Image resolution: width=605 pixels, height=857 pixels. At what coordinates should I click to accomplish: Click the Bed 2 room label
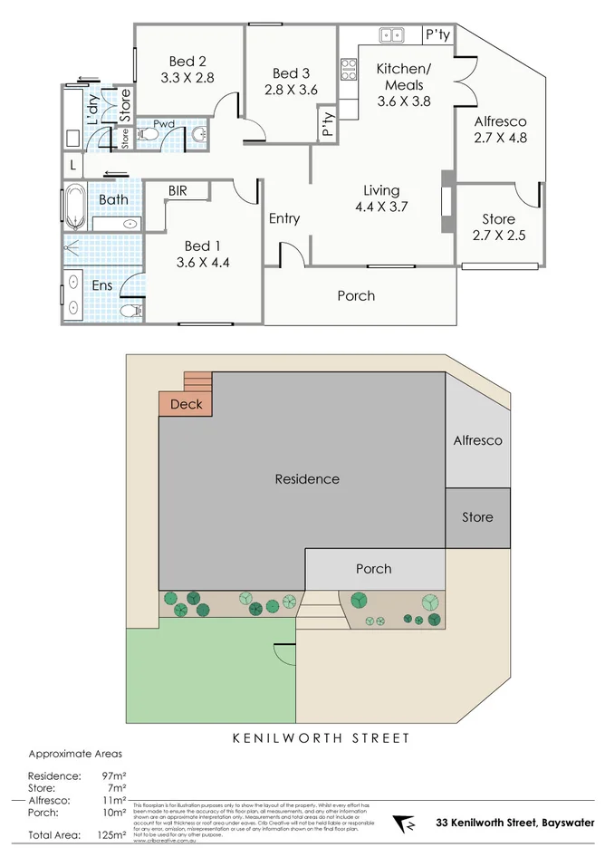click(187, 61)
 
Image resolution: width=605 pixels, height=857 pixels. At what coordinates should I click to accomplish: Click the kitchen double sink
click(392, 35)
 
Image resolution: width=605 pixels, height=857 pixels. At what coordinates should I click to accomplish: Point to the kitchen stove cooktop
click(349, 69)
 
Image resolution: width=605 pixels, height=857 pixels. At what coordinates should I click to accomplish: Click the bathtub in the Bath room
click(74, 207)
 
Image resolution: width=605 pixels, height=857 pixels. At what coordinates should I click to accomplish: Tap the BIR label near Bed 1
click(186, 190)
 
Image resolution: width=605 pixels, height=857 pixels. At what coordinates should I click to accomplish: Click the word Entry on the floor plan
click(284, 218)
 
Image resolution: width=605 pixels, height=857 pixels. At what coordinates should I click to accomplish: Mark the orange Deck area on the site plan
click(187, 404)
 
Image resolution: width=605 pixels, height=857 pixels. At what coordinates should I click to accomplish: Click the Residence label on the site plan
click(307, 479)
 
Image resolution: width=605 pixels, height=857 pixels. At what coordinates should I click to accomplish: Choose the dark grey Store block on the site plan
click(477, 517)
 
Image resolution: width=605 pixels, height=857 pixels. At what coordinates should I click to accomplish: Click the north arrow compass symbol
click(405, 824)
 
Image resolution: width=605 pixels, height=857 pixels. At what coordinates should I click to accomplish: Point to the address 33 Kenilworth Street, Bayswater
click(515, 823)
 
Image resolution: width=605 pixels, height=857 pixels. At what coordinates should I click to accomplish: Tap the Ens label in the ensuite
click(101, 284)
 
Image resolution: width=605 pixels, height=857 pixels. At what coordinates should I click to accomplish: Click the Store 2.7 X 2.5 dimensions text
click(498, 236)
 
